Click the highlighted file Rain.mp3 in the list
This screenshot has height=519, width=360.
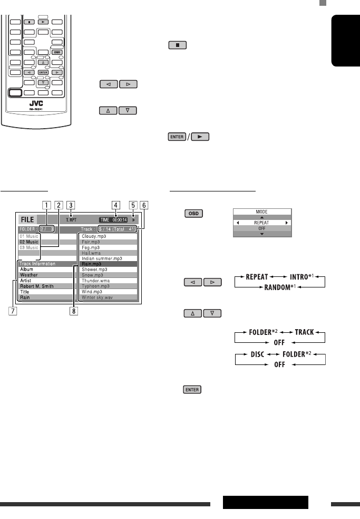(94, 263)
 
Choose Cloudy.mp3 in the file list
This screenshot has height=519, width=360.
(95, 237)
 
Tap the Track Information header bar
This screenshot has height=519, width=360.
(37, 263)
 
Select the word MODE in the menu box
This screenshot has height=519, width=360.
(262, 211)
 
